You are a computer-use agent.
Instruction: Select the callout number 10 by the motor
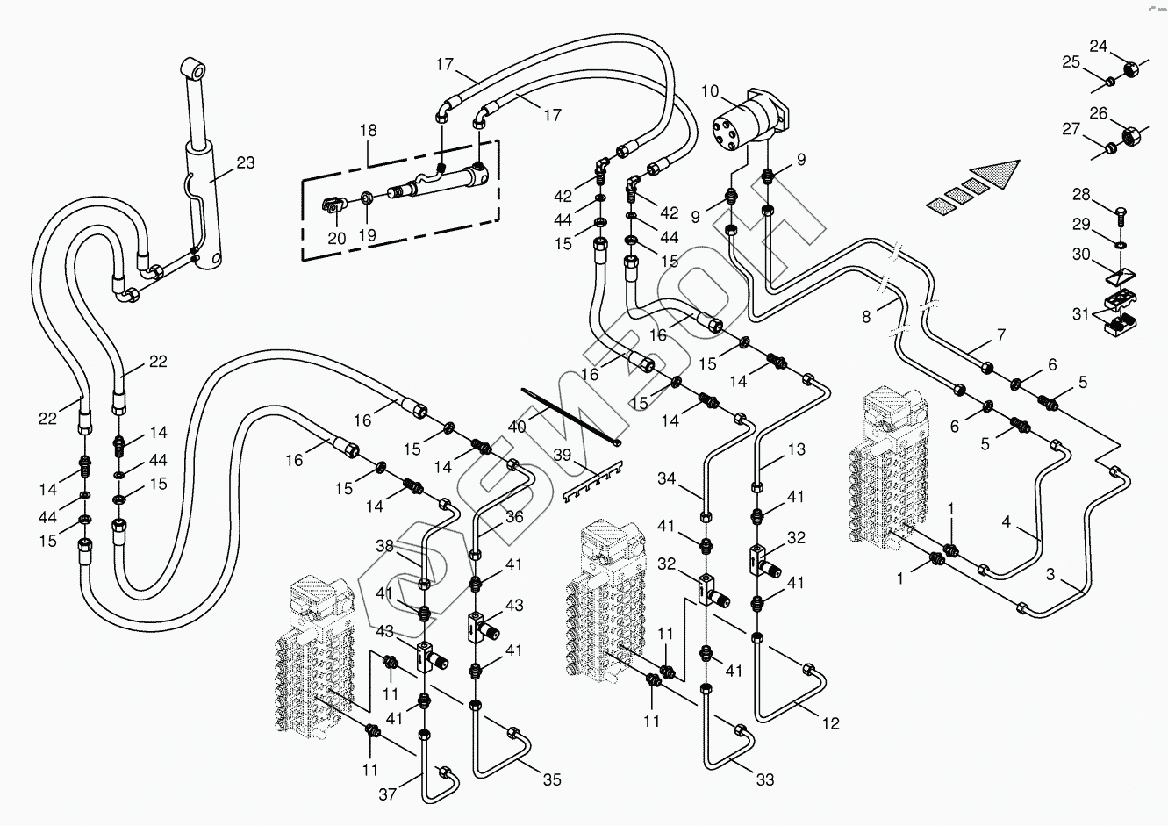click(710, 90)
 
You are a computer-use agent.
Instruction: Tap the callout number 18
click(367, 131)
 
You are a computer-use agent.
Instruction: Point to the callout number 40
click(517, 427)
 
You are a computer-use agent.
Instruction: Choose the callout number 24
click(1099, 46)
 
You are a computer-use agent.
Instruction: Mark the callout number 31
click(1079, 313)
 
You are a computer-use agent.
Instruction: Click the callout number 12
click(830, 723)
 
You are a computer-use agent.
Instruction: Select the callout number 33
click(764, 779)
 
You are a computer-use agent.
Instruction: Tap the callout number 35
click(551, 779)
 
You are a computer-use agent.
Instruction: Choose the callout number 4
click(1007, 521)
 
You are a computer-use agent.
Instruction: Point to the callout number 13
click(795, 450)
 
